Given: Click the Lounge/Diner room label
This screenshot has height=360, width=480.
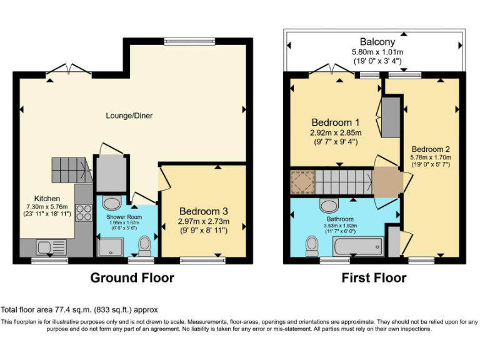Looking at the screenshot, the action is [x=129, y=116].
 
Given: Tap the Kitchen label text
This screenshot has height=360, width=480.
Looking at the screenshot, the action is [x=47, y=198].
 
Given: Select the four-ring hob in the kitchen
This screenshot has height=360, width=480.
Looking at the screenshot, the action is [x=84, y=212].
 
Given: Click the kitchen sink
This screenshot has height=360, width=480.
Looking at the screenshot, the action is [x=51, y=247].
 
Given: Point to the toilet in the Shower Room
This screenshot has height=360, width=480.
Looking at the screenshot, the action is [x=144, y=246].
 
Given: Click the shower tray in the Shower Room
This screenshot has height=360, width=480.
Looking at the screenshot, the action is [x=111, y=247].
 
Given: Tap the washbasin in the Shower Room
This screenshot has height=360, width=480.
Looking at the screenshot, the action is [x=112, y=203].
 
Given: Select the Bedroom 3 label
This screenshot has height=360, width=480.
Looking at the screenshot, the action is [x=204, y=211].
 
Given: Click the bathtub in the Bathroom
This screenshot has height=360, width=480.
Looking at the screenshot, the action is [x=358, y=247].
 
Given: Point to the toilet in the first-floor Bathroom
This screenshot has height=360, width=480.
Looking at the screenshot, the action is [x=312, y=246].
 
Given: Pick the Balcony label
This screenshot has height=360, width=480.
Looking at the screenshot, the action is [x=377, y=42].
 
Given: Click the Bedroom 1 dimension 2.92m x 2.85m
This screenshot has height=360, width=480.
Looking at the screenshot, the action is [x=336, y=133].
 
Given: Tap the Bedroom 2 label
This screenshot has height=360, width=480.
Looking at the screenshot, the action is [x=431, y=149].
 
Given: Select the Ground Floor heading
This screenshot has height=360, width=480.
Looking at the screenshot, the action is [x=132, y=278].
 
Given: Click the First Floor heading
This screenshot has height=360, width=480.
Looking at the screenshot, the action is [x=374, y=278].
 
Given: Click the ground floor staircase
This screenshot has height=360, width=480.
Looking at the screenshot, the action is [x=72, y=170].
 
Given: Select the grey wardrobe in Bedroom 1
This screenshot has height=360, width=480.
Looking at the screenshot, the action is [x=391, y=117].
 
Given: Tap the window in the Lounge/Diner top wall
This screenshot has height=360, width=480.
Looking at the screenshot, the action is [x=189, y=41].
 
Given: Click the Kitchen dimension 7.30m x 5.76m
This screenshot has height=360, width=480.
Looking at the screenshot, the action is [x=47, y=207].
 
